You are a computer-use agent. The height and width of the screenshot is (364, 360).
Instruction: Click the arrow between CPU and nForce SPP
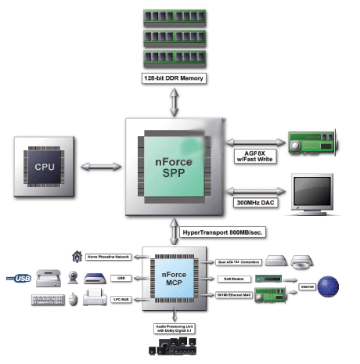(x=100, y=165)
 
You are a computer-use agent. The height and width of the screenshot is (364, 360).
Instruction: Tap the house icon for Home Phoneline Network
(x=77, y=256)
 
